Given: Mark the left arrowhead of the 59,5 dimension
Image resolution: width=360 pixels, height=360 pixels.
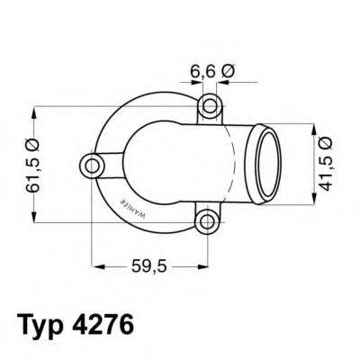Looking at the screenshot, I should (x=98, y=266).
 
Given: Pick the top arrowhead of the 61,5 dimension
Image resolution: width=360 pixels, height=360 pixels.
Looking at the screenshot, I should (x=35, y=111).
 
